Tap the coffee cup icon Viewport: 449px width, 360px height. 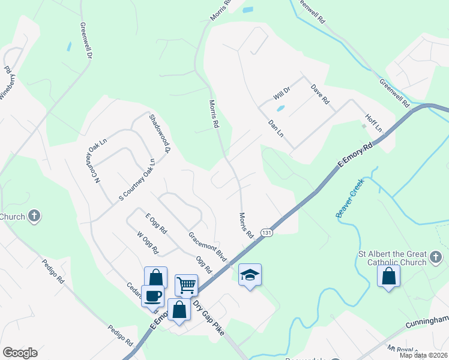[152, 295]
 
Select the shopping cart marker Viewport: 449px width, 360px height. [187, 284]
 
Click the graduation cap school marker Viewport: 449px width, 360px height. [250, 275]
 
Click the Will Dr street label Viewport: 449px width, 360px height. [282, 92]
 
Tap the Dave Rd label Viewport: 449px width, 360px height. [320, 94]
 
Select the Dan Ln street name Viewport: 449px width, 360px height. [276, 128]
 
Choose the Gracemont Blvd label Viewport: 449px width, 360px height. [207, 247]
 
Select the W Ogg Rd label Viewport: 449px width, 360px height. [147, 242]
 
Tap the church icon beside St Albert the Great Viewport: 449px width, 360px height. [436, 258]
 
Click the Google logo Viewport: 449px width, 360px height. [20, 353]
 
